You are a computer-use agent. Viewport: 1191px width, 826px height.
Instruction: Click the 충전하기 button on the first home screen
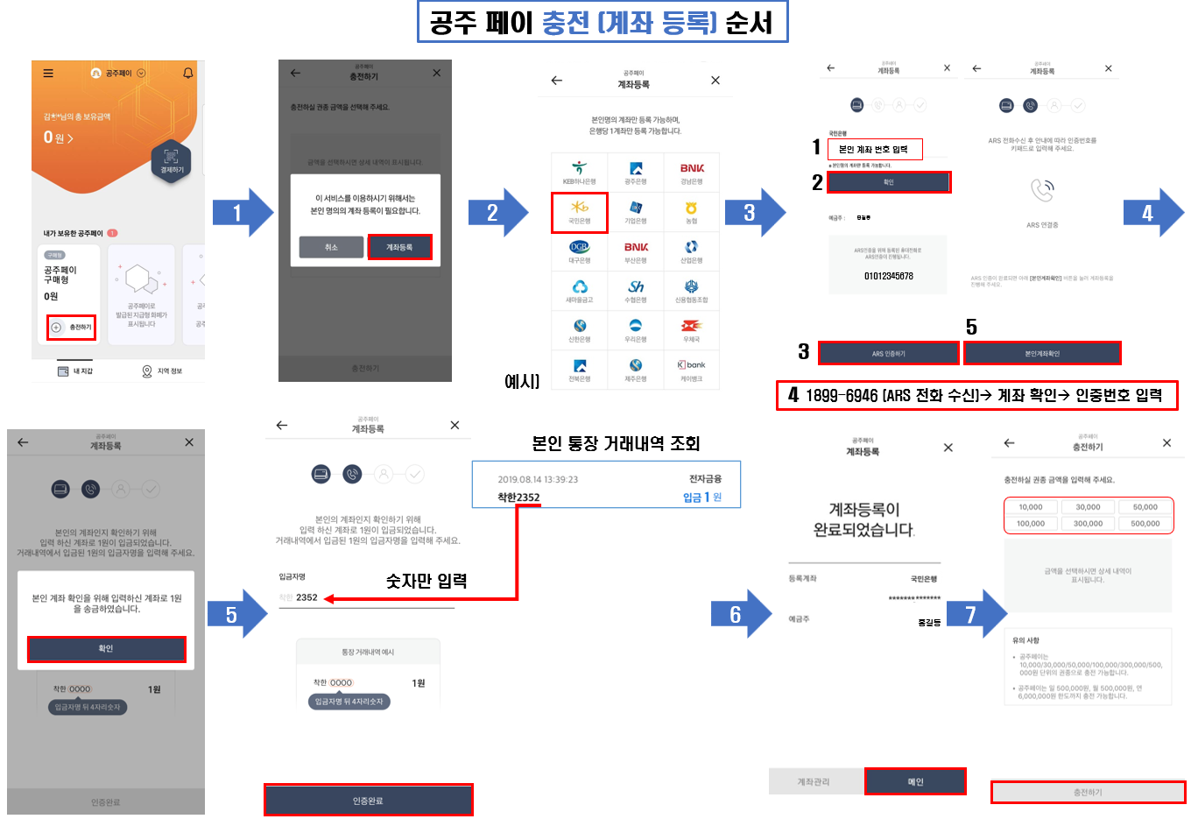click(x=72, y=327)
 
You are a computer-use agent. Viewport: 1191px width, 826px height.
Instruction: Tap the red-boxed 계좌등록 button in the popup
click(x=399, y=247)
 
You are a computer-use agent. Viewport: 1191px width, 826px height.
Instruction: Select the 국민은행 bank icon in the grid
click(x=579, y=212)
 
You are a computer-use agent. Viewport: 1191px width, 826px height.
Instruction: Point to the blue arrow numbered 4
click(x=1152, y=213)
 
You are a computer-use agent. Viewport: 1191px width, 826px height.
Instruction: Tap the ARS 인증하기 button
click(x=888, y=353)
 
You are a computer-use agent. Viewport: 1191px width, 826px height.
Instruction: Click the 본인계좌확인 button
click(x=1041, y=353)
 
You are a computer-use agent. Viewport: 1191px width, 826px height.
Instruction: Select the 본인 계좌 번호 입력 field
click(x=874, y=149)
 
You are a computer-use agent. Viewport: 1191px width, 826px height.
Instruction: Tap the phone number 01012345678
click(x=888, y=276)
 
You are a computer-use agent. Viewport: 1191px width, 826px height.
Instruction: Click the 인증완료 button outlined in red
click(x=368, y=800)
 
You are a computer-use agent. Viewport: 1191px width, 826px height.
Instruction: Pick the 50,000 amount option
click(x=1145, y=507)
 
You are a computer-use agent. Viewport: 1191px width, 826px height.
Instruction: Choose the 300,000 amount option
click(x=1088, y=523)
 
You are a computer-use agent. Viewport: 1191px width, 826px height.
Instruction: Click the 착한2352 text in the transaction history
click(x=518, y=498)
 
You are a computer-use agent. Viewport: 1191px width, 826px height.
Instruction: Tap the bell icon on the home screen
click(x=187, y=74)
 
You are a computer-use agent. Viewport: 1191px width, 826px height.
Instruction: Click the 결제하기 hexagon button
click(x=172, y=160)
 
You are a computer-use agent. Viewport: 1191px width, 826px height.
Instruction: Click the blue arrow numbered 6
click(x=740, y=614)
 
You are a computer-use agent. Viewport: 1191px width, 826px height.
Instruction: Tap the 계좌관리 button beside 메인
click(x=814, y=781)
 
